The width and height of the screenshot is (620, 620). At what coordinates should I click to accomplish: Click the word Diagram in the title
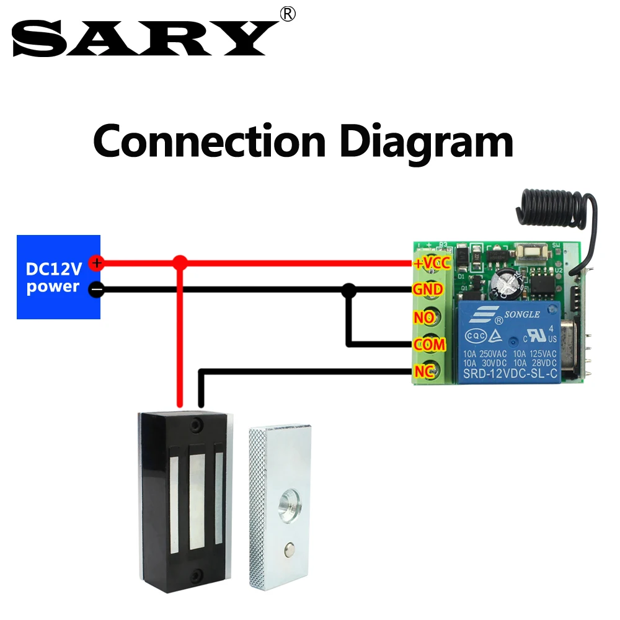[427, 141]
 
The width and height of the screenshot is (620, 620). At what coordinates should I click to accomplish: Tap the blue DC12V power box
[58, 277]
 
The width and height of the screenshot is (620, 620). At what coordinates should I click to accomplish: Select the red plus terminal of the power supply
[96, 263]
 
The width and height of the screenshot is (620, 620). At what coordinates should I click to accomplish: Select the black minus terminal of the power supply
[96, 289]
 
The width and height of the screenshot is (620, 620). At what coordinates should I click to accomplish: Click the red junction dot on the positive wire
[180, 263]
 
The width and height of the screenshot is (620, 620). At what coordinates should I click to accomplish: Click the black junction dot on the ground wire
[350, 289]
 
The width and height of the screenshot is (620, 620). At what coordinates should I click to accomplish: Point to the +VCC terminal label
[432, 263]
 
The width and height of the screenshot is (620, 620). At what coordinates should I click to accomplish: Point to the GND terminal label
[428, 290]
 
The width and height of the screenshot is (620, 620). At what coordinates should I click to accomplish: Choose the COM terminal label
[428, 344]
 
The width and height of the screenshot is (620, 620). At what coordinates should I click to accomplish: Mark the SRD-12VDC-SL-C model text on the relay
[508, 373]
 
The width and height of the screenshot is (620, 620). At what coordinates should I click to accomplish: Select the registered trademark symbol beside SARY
[288, 14]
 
